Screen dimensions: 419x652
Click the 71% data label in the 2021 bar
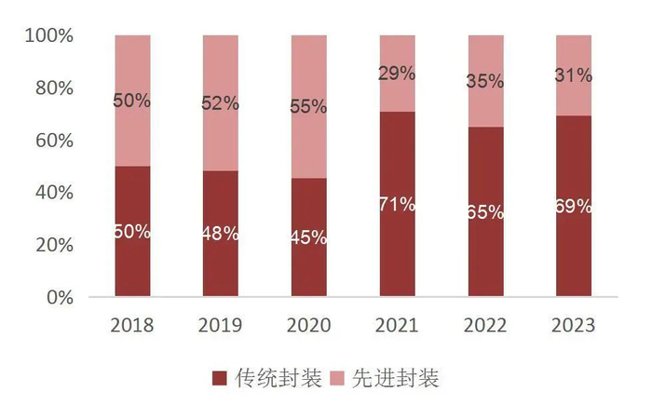click(397, 205)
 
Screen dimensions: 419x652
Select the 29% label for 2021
click(397, 73)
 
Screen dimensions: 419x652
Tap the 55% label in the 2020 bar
click(308, 107)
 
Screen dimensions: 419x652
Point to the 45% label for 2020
click(308, 237)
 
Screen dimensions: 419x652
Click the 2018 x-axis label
click(132, 325)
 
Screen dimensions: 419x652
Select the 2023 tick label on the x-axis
click(574, 325)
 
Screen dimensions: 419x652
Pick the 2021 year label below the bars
click(397, 325)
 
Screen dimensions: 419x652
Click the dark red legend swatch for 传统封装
click(220, 378)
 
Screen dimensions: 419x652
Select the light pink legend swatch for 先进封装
click(336, 378)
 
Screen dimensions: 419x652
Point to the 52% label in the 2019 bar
click(221, 102)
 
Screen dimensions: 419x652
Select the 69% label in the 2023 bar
click(574, 207)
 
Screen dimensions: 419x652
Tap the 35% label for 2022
click(485, 81)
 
